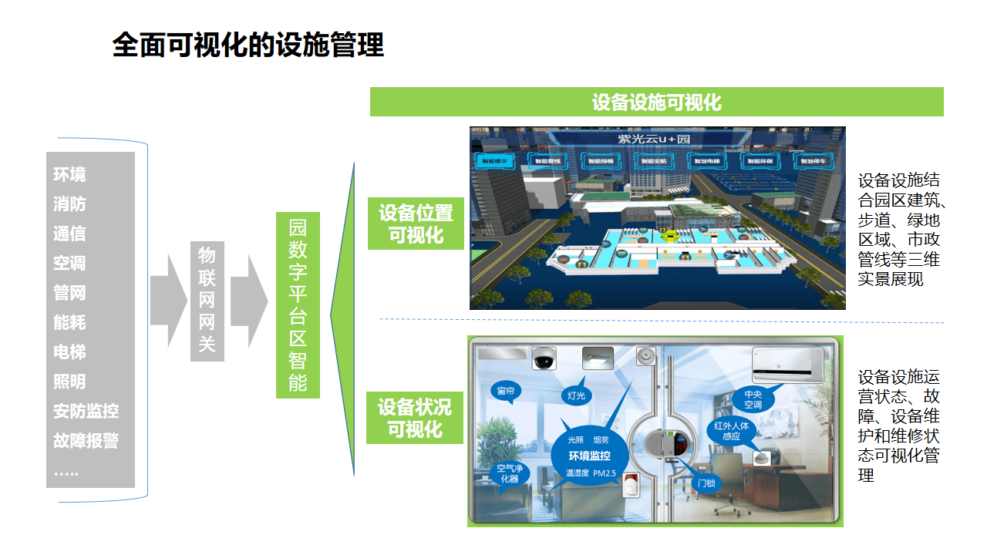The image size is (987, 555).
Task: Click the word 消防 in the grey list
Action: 69,204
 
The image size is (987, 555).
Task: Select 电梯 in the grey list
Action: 69,352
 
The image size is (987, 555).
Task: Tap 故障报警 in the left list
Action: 86,441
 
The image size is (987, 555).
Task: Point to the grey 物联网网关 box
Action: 207,301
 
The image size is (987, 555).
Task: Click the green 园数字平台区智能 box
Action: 298,305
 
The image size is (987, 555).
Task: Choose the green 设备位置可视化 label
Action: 416,224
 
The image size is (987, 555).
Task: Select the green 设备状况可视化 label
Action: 415,417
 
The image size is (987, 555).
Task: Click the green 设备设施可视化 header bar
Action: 656,102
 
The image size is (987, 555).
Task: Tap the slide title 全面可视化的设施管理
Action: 248,45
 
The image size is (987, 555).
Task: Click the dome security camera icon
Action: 544,358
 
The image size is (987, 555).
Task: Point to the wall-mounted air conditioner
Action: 787,364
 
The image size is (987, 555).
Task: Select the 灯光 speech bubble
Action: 576,395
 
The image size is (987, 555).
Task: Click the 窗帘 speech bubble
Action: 506,392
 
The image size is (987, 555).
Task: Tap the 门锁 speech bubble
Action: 707,483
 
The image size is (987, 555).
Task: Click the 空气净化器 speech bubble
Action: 510,473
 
